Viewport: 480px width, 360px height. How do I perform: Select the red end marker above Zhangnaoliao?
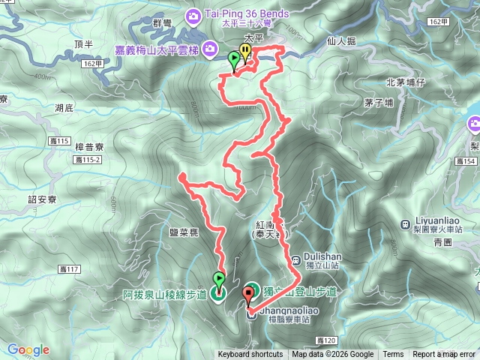pyautogui.click(x=250, y=293)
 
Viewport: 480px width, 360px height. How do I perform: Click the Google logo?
pyautogui.click(x=28, y=349)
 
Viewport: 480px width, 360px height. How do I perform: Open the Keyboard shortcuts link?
pyautogui.click(x=250, y=355)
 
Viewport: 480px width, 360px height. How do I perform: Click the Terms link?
pyautogui.click(x=393, y=355)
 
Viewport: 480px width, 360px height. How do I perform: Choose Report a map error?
pyautogui.click(x=443, y=355)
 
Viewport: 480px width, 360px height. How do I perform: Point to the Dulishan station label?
pyautogui.click(x=323, y=254)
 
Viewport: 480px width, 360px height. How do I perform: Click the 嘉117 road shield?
pyautogui.click(x=68, y=268)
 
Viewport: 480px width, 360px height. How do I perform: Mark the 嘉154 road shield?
pyautogui.click(x=466, y=161)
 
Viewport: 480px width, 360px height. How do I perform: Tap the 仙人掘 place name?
pyautogui.click(x=341, y=42)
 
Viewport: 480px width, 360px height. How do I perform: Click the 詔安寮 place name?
pyautogui.click(x=43, y=199)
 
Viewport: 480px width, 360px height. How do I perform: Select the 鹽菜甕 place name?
pyautogui.click(x=184, y=233)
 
